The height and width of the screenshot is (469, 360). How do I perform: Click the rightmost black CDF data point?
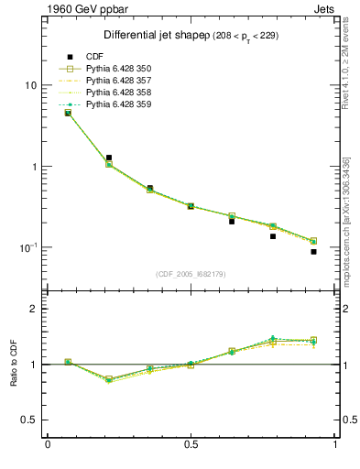coord(313,252)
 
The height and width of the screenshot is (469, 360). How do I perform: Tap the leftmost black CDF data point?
coord(68,113)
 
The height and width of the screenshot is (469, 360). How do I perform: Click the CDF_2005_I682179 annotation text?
coord(192,274)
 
